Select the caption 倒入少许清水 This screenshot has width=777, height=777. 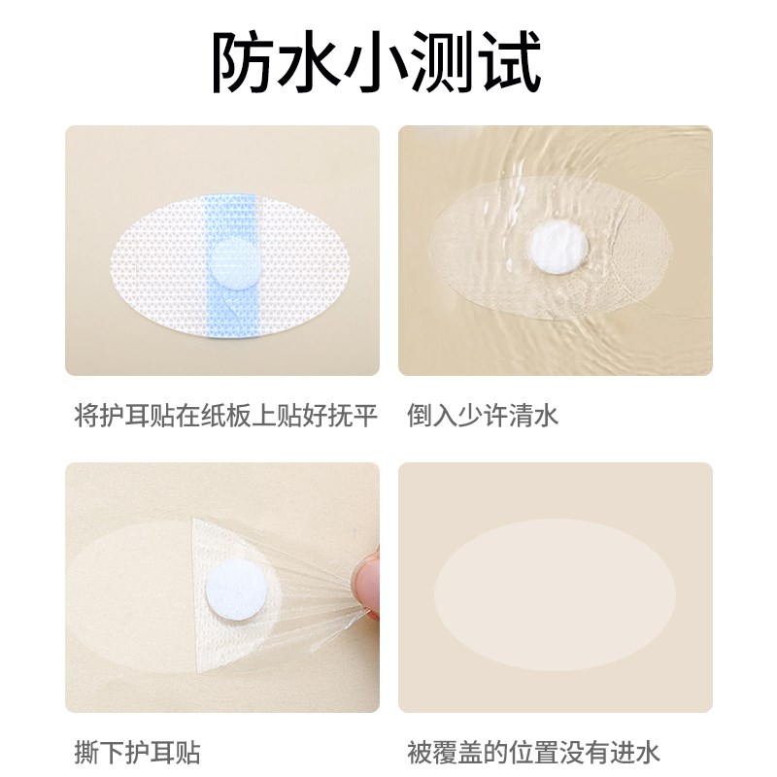[484, 417]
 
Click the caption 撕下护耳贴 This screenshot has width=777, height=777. [137, 751]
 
